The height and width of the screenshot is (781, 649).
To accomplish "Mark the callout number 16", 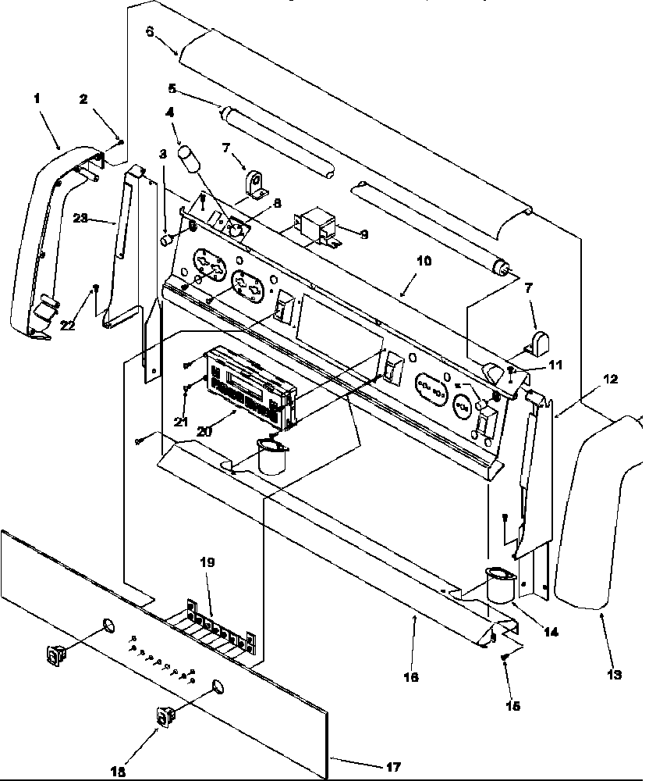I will (x=411, y=677).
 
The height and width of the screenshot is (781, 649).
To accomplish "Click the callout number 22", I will (x=68, y=325).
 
